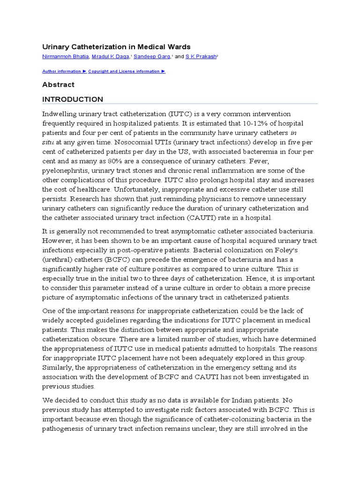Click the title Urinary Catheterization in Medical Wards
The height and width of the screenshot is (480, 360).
(116, 47)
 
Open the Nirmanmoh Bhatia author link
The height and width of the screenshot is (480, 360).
(66, 56)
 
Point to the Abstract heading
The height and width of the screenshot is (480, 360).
(58, 85)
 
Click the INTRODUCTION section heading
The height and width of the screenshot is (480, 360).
(73, 99)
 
